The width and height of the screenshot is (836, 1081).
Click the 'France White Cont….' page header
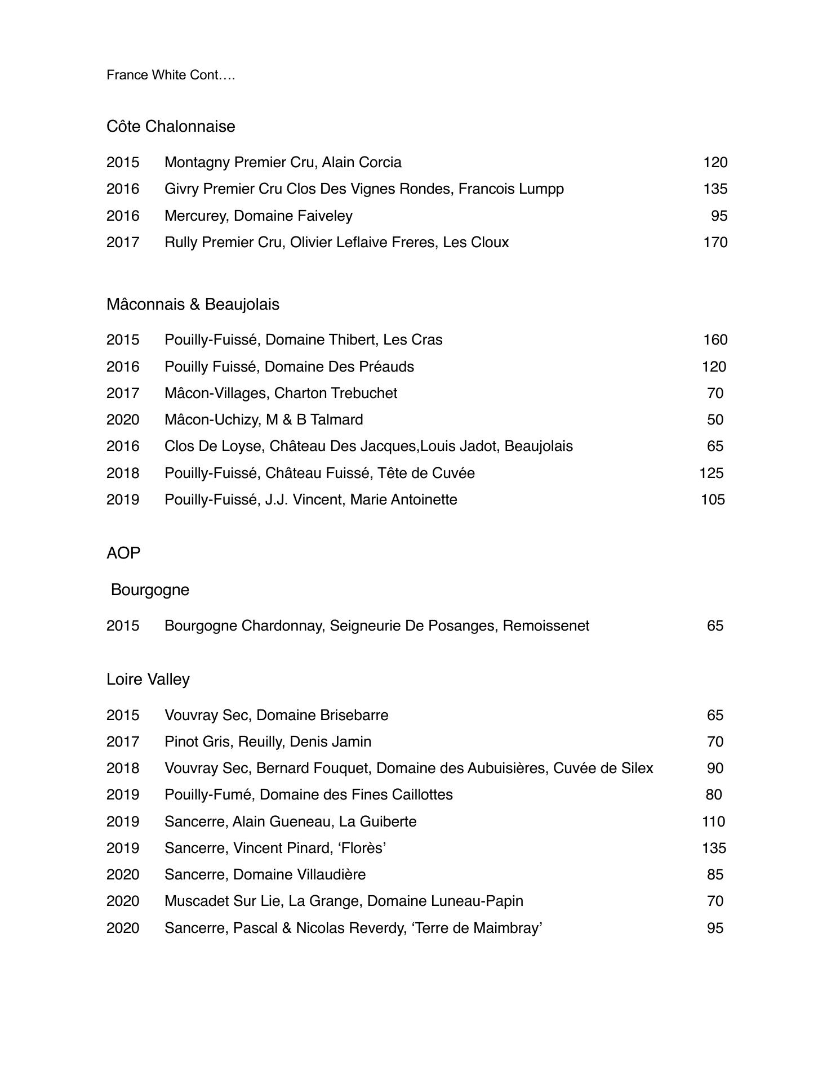[171, 75]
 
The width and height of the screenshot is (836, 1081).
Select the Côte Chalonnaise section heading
[171, 126]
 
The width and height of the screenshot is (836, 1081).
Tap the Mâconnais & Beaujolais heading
[193, 304]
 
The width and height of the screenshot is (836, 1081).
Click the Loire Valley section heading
[148, 679]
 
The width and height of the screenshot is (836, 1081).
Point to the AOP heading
[123, 553]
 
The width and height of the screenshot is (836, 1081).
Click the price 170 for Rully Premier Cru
[715, 242]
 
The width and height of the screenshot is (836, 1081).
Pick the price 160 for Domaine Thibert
[715, 340]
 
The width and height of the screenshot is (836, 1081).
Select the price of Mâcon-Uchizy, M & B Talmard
[715, 419]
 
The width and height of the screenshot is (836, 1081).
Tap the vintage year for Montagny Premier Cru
[123, 162]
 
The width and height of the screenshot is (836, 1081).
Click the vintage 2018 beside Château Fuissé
[123, 473]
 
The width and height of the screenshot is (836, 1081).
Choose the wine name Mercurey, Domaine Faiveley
[259, 216]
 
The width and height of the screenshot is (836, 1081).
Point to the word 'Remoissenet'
[546, 626]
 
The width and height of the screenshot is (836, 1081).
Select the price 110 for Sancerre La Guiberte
[713, 821]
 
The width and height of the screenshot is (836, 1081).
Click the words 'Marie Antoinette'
[403, 499]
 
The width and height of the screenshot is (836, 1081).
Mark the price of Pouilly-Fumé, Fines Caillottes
[714, 794]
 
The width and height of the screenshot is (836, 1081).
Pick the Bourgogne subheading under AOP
[150, 589]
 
